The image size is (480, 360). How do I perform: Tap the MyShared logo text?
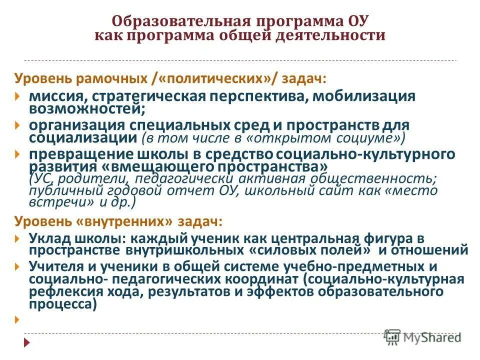[431, 337]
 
